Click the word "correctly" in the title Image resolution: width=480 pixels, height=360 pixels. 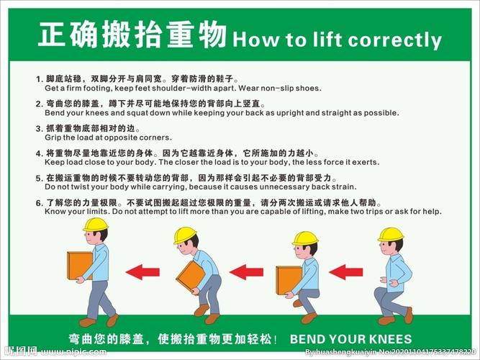tap(394, 40)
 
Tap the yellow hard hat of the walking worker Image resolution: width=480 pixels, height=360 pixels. tap(96, 224)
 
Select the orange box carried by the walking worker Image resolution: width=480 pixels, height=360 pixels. tap(79, 266)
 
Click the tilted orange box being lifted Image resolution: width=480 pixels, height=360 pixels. tap(191, 276)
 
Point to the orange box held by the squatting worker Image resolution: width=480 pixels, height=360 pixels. tap(289, 280)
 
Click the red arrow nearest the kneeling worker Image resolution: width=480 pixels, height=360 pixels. tap(346, 271)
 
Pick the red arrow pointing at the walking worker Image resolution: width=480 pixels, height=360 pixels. tap(142, 271)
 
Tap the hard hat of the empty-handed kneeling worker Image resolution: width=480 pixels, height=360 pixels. tap(391, 235)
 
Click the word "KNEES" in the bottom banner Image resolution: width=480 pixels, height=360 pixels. tap(390, 339)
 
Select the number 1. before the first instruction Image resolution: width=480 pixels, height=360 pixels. tap(40, 79)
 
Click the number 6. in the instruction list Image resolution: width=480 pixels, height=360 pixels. tap(40, 203)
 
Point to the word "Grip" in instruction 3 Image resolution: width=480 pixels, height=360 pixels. tap(53, 138)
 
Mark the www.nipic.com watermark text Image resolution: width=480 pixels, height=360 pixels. tap(74, 351)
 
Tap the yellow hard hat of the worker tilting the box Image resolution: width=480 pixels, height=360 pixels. tap(185, 235)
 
